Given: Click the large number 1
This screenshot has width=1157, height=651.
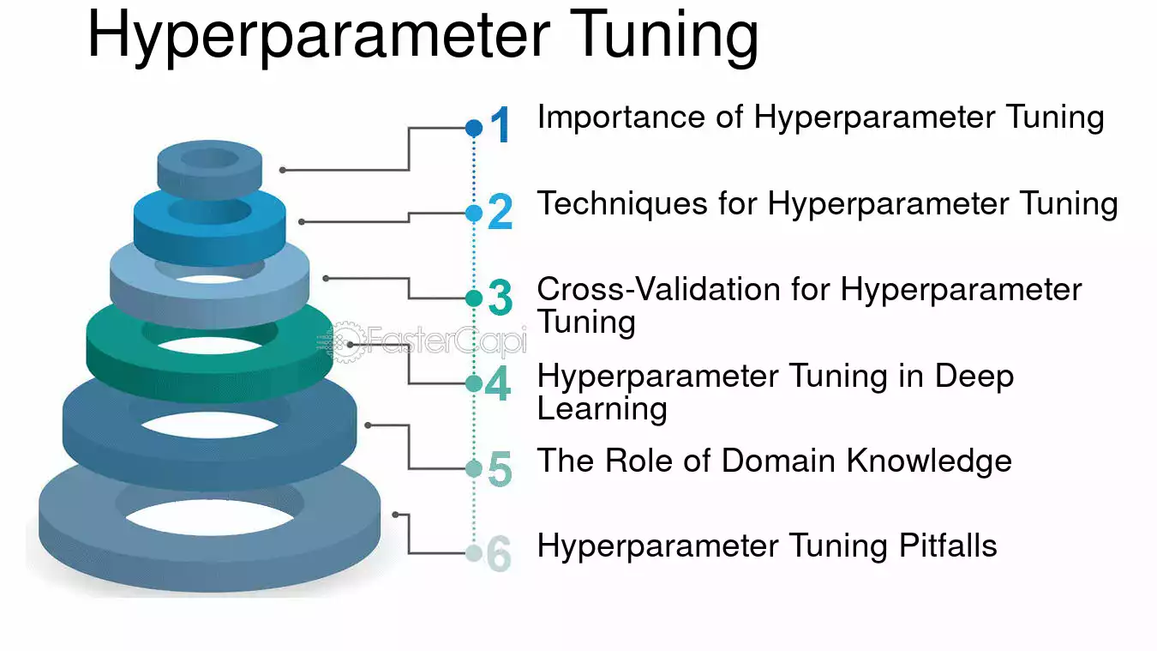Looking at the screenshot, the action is (x=500, y=124).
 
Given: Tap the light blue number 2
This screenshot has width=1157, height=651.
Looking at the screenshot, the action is (x=500, y=211).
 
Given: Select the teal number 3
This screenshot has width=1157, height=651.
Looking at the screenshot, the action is (x=500, y=297).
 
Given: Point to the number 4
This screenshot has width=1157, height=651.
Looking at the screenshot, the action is (x=498, y=383).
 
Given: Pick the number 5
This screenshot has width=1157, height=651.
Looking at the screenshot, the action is (x=500, y=468).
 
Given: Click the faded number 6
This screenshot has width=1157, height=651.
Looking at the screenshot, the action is (x=499, y=553).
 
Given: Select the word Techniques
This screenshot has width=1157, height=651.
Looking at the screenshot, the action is (x=622, y=203).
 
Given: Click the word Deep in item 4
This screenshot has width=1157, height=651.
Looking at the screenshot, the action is (x=974, y=377).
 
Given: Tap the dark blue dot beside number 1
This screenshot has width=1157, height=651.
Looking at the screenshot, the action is (x=474, y=128).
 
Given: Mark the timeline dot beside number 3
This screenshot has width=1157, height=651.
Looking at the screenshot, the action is (x=474, y=298).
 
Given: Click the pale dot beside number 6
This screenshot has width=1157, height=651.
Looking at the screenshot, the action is (x=474, y=553).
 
